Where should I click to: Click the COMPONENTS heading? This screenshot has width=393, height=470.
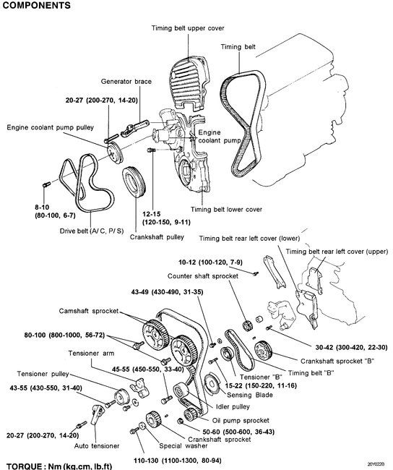coord(36,5)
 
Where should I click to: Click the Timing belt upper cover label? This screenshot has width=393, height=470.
coord(188,28)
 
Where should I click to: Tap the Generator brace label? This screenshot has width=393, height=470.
coord(126,81)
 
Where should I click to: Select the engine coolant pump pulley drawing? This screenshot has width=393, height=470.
coord(114,153)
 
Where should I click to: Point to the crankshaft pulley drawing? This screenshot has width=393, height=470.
coord(134,182)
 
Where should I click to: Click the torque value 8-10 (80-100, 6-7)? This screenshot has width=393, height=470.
coord(55,211)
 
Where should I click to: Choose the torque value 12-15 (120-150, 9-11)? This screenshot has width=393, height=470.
coord(166,218)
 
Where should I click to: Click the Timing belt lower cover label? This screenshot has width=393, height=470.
coord(226,209)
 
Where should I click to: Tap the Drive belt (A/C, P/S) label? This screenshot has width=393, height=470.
coord(92,231)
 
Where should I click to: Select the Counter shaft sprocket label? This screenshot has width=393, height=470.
coord(203,275)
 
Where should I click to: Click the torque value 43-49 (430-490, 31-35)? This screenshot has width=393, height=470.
coord(167,291)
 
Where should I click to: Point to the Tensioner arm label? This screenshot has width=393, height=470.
coord(91,353)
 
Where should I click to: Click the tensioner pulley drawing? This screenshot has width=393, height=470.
coord(121,396)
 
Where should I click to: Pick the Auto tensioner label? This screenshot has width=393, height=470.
coord(97,445)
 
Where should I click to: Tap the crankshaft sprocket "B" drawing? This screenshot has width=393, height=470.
coord(263,351)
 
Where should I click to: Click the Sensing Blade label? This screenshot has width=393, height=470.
coord(250,395)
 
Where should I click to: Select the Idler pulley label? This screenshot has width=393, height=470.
coord(233,406)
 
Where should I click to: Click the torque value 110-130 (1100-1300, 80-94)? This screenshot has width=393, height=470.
coord(177,460)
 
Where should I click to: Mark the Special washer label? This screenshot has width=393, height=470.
coord(183,445)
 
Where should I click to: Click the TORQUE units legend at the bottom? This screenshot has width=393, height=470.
coord(59,466)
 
